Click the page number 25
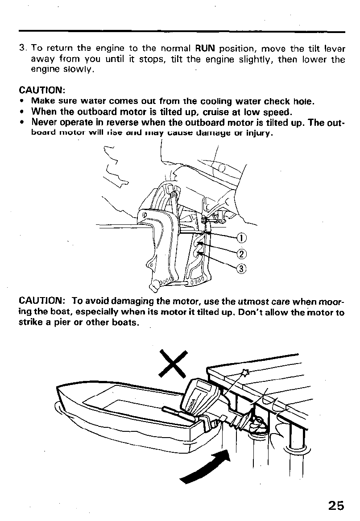tap(335, 505)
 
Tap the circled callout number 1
tap(241, 238)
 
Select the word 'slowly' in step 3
tap(80, 70)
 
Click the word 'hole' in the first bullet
tap(304, 101)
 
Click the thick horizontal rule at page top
tap(182, 31)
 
